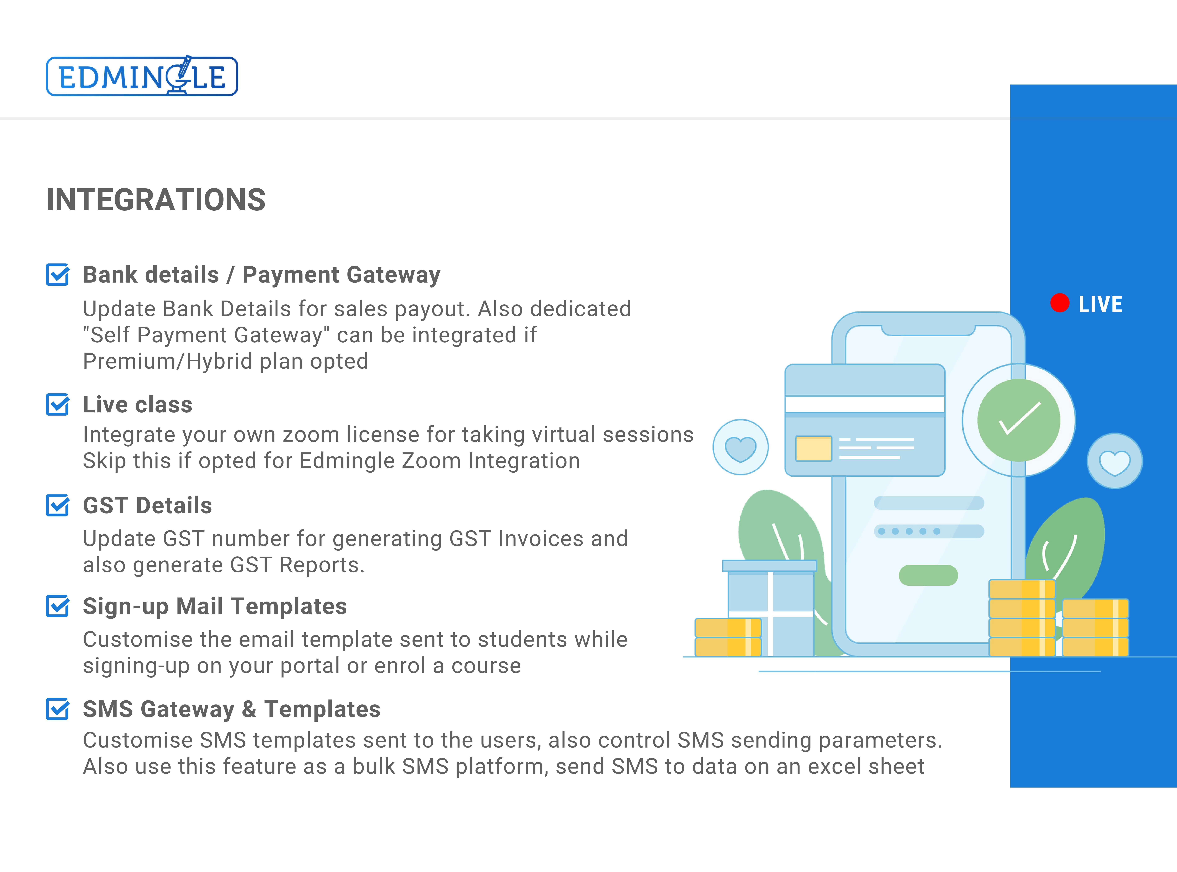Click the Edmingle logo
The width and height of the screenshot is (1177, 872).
pos(142,76)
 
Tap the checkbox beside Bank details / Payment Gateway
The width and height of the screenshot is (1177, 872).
pos(58,274)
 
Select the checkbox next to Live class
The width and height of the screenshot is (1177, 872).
pos(58,404)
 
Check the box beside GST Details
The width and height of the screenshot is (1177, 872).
pos(58,505)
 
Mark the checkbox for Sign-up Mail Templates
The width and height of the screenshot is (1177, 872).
pos(58,606)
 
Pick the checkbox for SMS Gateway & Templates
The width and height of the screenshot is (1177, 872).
pos(58,709)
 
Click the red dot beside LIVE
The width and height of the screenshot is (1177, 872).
pos(1059,303)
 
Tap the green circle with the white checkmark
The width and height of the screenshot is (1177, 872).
pos(1019,420)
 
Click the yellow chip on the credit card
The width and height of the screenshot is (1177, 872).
pos(813,448)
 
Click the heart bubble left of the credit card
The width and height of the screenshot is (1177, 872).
pos(740,447)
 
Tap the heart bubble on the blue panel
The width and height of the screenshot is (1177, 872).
pos(1114,461)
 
